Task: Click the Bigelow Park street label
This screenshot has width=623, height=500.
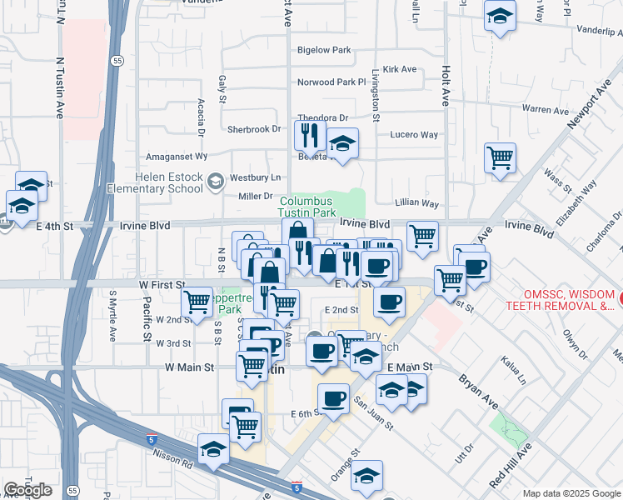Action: point(324,50)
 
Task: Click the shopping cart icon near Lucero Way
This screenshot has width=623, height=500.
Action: point(500,157)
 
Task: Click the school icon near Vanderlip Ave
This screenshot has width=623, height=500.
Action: point(500,16)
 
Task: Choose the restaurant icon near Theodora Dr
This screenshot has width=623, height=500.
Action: point(310,133)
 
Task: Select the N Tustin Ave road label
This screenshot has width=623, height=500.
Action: point(60,87)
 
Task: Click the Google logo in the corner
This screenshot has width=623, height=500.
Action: point(27,490)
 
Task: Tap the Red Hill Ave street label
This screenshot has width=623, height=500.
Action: point(511,466)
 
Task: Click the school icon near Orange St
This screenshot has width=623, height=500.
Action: point(366,476)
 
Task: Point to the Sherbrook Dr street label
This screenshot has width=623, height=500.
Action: point(254,129)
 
